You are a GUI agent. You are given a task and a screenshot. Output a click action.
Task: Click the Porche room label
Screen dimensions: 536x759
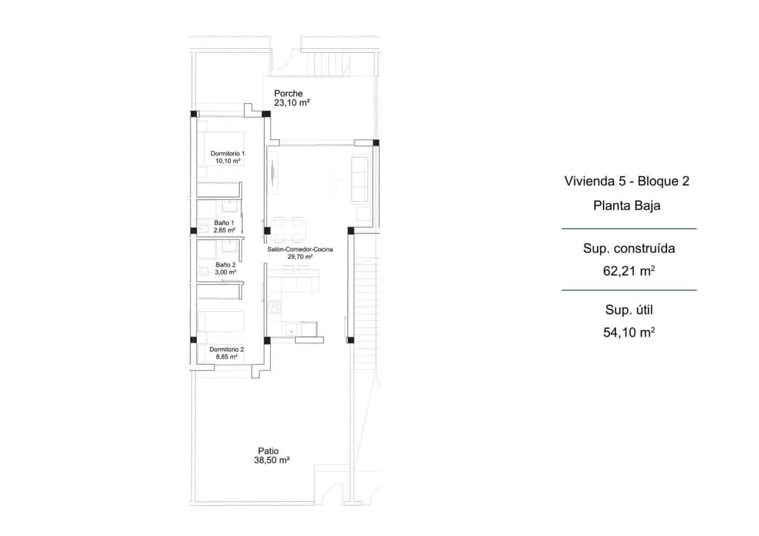coord(288,93)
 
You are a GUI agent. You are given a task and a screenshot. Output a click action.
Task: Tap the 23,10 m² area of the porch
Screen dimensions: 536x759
coord(291,102)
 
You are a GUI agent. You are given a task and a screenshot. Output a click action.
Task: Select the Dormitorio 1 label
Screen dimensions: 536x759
coord(227,153)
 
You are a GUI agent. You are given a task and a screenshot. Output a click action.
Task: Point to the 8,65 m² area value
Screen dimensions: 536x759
coord(226,357)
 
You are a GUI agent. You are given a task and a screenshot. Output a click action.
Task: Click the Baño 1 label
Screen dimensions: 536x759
coord(224,223)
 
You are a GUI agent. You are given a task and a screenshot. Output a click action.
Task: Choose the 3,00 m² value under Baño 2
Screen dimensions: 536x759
coord(225,272)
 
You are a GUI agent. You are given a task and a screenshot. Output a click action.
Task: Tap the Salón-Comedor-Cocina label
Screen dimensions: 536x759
coord(300,249)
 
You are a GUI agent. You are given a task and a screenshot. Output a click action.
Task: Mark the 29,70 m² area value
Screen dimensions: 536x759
coord(300,257)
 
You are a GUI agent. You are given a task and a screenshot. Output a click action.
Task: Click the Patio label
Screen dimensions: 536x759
coord(268,451)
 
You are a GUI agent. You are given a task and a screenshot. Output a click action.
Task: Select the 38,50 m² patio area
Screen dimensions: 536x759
coord(272,460)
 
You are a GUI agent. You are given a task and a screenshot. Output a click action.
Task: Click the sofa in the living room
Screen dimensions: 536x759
coord(360,178)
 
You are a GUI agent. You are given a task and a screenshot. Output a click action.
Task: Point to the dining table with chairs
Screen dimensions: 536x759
coord(288,229)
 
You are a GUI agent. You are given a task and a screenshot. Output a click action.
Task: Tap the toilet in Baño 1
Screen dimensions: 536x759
coord(203,229)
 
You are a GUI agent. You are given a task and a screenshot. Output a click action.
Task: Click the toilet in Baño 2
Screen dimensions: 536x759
coord(203,271)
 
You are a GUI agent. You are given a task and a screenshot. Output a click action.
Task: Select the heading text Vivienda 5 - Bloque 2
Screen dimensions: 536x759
coord(627,181)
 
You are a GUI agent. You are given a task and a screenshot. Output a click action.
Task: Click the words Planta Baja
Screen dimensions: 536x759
coord(627,205)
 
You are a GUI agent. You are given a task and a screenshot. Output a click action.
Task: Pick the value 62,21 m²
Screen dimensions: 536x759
coord(629,270)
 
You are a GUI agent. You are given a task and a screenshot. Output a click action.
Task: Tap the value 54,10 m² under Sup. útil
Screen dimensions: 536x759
coord(629,332)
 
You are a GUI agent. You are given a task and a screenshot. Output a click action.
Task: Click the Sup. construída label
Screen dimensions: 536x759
coord(629,248)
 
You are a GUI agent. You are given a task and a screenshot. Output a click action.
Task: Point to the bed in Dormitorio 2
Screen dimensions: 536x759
coord(221,321)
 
